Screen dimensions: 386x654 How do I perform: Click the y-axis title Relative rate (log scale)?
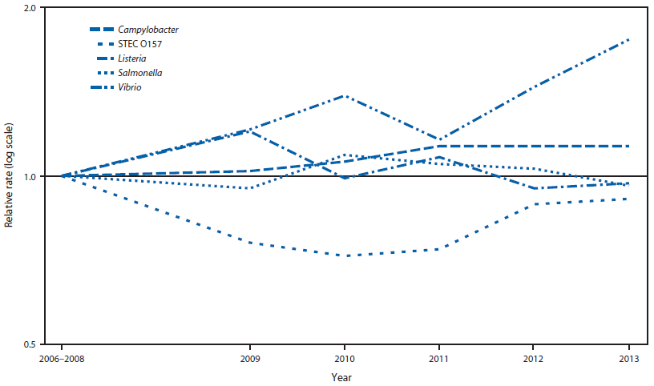10,176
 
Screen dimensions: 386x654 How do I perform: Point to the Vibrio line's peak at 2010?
345,96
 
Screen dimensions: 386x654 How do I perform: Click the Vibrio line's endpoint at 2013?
628,39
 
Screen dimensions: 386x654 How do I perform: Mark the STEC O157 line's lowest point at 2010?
345,255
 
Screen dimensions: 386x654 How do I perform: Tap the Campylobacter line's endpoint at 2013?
628,146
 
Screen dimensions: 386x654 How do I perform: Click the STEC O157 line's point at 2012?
533,204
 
